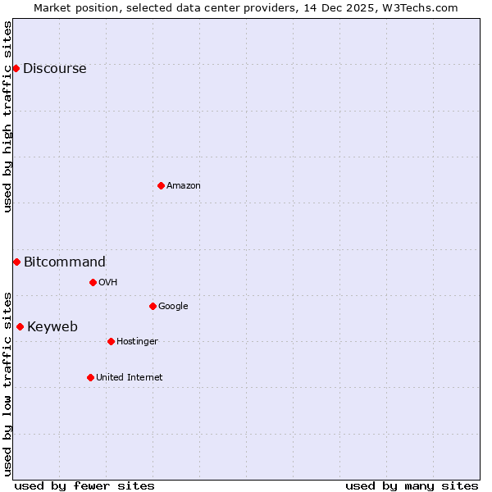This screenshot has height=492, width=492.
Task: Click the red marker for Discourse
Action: (16, 68)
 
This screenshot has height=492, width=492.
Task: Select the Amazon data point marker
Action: (161, 185)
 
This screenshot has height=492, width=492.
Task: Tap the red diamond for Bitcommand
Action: (16, 262)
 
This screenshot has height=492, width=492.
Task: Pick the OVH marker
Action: (93, 282)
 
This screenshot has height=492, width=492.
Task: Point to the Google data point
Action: (153, 306)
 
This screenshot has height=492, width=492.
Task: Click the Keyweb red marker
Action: (20, 326)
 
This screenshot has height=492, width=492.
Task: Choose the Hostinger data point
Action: (111, 341)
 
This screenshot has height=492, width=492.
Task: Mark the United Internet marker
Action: (90, 377)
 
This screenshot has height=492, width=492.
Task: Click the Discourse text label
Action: (55, 69)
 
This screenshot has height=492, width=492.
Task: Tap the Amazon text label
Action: (184, 186)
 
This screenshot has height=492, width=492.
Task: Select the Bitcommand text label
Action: (65, 262)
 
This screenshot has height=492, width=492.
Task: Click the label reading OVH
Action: (108, 283)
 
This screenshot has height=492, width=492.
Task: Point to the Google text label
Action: (173, 307)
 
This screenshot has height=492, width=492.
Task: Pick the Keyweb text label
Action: (52, 327)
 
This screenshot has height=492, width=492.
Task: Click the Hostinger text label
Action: (137, 342)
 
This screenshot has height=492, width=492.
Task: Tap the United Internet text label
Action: (130, 378)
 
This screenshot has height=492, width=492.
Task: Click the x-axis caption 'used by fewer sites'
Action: (84, 485)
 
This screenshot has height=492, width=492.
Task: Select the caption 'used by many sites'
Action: (412, 485)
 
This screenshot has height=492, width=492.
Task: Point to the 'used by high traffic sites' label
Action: (8, 117)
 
